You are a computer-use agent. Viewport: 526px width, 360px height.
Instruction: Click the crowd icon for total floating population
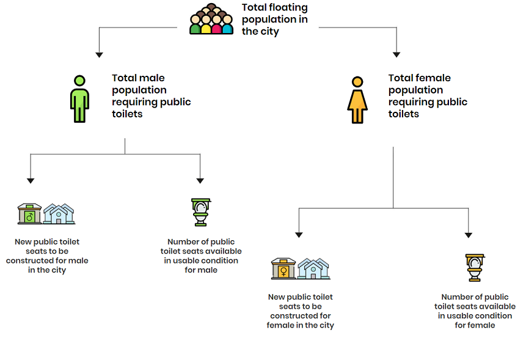(x=211, y=19)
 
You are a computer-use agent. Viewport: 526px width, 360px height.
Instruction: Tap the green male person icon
(x=79, y=99)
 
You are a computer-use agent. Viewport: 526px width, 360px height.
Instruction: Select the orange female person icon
(x=357, y=100)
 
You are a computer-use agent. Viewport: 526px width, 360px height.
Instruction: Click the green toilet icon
(x=200, y=212)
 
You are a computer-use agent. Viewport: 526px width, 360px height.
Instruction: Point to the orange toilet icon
(x=475, y=267)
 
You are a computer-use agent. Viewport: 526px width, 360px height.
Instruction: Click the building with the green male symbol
(x=29, y=214)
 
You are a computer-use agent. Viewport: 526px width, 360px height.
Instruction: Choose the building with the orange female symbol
(x=283, y=269)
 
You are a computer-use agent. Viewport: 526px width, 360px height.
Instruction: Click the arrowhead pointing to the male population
(x=99, y=55)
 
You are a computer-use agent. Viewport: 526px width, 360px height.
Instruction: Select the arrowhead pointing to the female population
(x=396, y=54)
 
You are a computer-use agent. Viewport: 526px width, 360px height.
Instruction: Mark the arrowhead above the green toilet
(x=200, y=181)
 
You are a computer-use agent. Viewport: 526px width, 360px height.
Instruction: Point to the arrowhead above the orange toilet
(x=469, y=235)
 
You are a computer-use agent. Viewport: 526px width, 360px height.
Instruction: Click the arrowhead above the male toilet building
(x=31, y=181)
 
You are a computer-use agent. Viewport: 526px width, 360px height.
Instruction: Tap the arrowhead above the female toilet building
(x=299, y=235)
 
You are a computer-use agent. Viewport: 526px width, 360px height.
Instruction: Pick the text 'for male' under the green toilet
(x=201, y=270)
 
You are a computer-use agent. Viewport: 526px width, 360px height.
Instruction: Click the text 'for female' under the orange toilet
(x=475, y=325)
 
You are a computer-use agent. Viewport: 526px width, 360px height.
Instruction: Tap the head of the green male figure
(x=79, y=81)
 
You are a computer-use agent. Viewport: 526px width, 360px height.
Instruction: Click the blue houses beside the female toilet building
(x=313, y=269)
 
